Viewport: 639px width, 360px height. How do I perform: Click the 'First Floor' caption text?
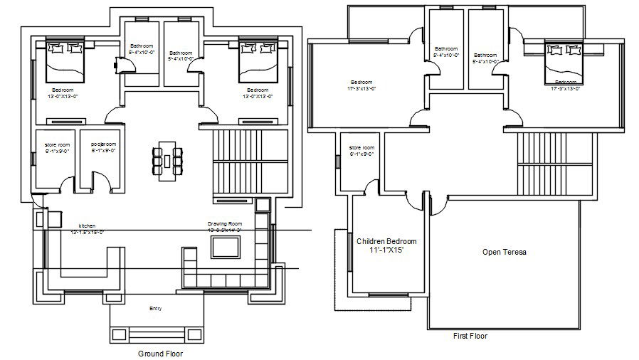tap(470, 335)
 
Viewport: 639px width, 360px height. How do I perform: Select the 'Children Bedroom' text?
tap(387, 241)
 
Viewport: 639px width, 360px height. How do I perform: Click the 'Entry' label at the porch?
tap(155, 308)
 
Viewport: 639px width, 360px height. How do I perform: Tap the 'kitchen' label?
tap(88, 225)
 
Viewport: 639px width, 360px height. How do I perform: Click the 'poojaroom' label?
tap(102, 145)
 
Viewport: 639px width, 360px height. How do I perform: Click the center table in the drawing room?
tap(226, 248)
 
